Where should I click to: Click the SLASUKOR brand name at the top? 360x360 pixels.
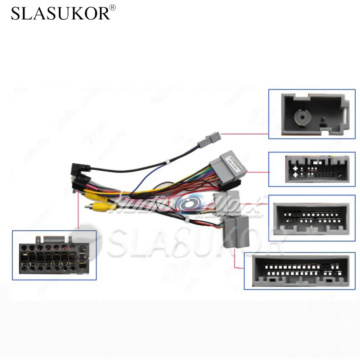pyautogui.click(x=60, y=13)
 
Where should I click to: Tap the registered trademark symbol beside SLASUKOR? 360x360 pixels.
pyautogui.click(x=113, y=7)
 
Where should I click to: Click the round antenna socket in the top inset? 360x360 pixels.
pyautogui.click(x=301, y=117)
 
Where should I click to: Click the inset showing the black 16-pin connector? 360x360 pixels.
pyautogui.click(x=54, y=255)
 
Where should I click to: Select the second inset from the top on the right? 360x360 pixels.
pyautogui.click(x=312, y=169)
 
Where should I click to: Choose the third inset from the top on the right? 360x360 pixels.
pyautogui.click(x=312, y=218)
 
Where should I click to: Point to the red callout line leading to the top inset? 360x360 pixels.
pyautogui.click(x=245, y=134)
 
